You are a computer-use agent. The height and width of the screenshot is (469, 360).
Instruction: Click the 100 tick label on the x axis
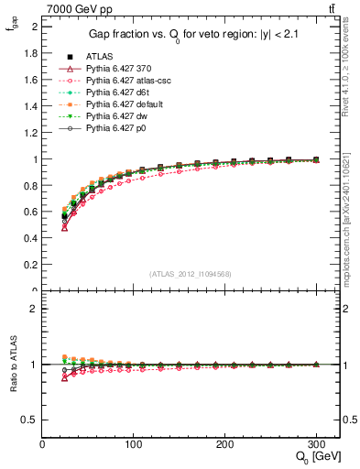point(134,444)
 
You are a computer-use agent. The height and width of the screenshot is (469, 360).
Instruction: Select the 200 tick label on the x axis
point(225,444)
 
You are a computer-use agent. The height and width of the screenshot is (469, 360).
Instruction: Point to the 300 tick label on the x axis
point(316,444)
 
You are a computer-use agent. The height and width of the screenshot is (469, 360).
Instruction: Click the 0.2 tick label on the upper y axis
point(31,266)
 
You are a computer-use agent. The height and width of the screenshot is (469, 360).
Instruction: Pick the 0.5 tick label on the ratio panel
point(31,420)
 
